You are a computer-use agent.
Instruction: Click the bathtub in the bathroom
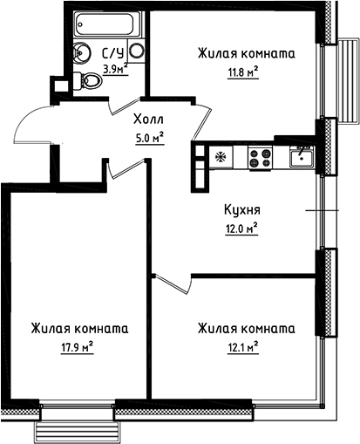click(104, 23)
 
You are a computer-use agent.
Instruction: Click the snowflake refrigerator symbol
click(219, 157)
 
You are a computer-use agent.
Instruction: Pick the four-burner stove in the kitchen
click(260, 158)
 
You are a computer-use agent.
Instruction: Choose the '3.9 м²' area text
click(116, 68)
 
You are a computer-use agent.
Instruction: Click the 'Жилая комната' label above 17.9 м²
click(79, 329)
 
